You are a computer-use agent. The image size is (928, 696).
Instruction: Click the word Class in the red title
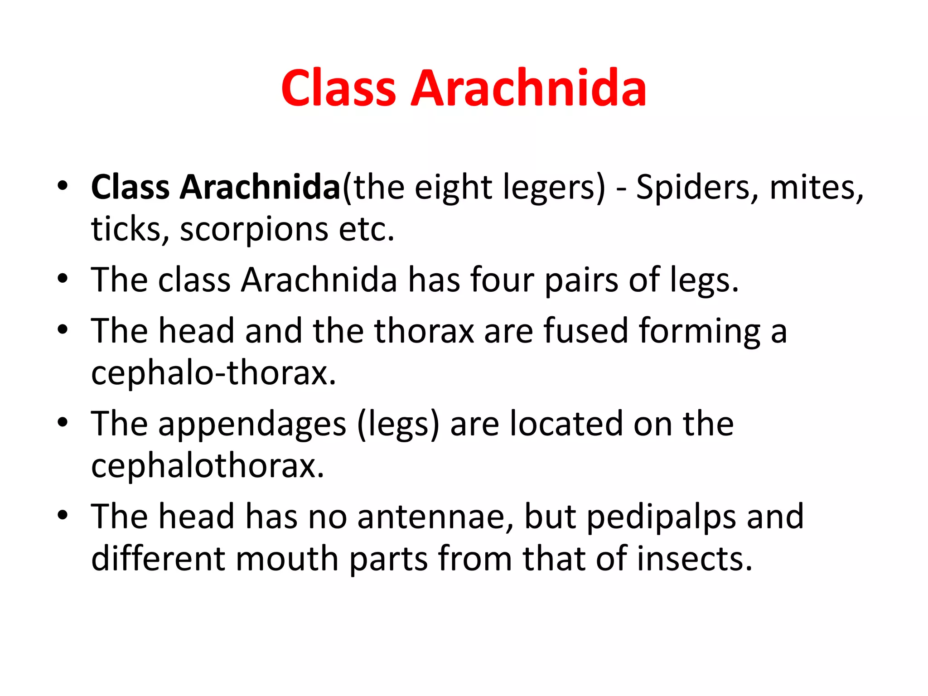pyautogui.click(x=338, y=88)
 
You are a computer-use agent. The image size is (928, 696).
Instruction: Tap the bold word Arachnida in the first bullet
pyautogui.click(x=260, y=187)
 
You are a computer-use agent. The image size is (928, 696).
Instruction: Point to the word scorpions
pyautogui.click(x=254, y=229)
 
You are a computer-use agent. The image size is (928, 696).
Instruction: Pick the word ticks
pyautogui.click(x=130, y=229)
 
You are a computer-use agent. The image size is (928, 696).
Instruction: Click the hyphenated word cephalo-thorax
pyautogui.click(x=213, y=373)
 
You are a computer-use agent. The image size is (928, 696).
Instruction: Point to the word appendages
pyautogui.click(x=252, y=425)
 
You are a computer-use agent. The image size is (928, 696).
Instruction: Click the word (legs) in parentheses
pyautogui.click(x=398, y=425)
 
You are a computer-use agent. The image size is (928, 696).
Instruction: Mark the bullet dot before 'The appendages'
pyautogui.click(x=63, y=423)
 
